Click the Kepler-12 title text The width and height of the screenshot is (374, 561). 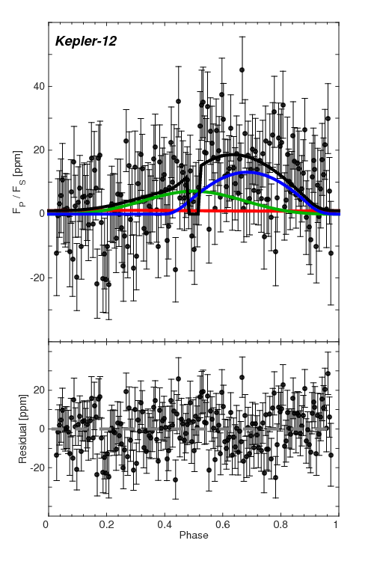(84, 40)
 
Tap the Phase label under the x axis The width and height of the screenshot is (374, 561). (193, 536)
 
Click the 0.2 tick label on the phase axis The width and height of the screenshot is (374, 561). (105, 526)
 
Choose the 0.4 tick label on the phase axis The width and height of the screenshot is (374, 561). (164, 526)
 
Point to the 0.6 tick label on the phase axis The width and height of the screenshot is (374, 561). (221, 526)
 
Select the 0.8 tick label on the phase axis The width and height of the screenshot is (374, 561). (280, 526)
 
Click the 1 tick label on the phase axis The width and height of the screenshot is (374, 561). (337, 526)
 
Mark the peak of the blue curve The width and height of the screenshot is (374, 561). (248, 172)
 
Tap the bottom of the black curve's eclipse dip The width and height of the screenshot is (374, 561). (194, 213)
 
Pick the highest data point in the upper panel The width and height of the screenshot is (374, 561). (242, 70)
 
